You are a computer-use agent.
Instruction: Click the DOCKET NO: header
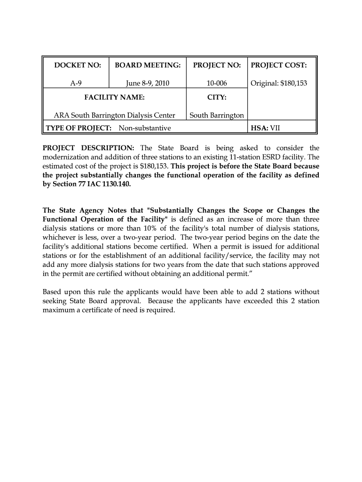click(x=76, y=65)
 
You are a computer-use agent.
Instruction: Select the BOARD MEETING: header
click(x=148, y=65)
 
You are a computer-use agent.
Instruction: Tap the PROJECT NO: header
click(x=217, y=65)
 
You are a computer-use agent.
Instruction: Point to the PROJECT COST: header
click(x=279, y=65)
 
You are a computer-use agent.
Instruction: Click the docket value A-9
click(x=76, y=83)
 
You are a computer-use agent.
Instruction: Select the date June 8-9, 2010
click(x=148, y=83)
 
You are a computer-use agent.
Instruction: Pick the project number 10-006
click(x=217, y=83)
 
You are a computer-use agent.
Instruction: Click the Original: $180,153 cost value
click(x=279, y=83)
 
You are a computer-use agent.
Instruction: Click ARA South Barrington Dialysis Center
click(x=114, y=115)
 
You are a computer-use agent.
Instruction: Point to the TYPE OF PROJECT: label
click(x=79, y=128)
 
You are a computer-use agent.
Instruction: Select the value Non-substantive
click(x=144, y=128)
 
